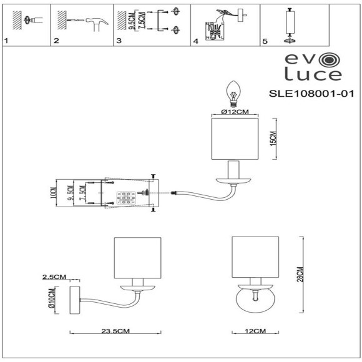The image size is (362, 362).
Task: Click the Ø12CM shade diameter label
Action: click(x=235, y=112)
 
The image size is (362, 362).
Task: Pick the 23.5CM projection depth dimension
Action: click(x=115, y=331)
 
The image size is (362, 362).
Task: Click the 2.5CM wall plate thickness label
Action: click(x=54, y=276)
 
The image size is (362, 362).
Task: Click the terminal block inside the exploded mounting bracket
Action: click(x=124, y=198)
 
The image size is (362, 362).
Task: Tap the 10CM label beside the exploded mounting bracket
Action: click(x=54, y=195)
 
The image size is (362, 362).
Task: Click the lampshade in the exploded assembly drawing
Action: click(x=235, y=138)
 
